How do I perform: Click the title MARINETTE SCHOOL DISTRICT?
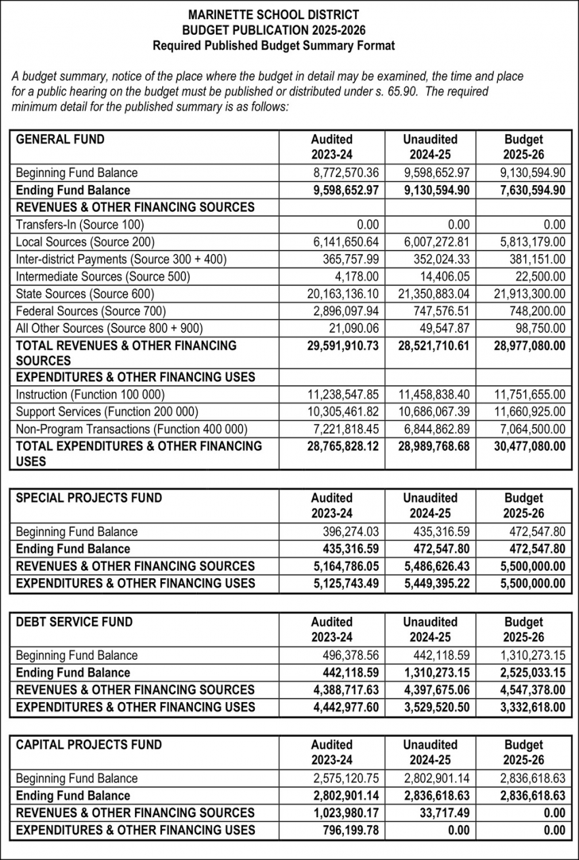point(273,14)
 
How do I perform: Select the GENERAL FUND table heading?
point(60,140)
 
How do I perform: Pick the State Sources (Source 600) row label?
point(85,294)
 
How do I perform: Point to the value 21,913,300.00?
point(529,294)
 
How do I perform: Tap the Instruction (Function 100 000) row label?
point(90,394)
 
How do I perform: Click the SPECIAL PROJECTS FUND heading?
point(89,498)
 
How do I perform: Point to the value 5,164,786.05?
point(345,566)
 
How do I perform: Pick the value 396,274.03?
point(350,532)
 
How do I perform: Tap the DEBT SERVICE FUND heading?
point(74,622)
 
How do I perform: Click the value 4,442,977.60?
point(345,707)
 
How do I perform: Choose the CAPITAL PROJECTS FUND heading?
point(89,745)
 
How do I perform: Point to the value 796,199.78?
point(350,830)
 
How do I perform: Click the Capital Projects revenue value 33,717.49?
point(442,813)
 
